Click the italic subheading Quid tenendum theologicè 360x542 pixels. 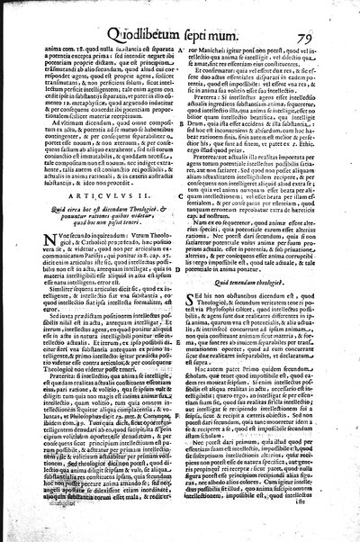click(x=260, y=273)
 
